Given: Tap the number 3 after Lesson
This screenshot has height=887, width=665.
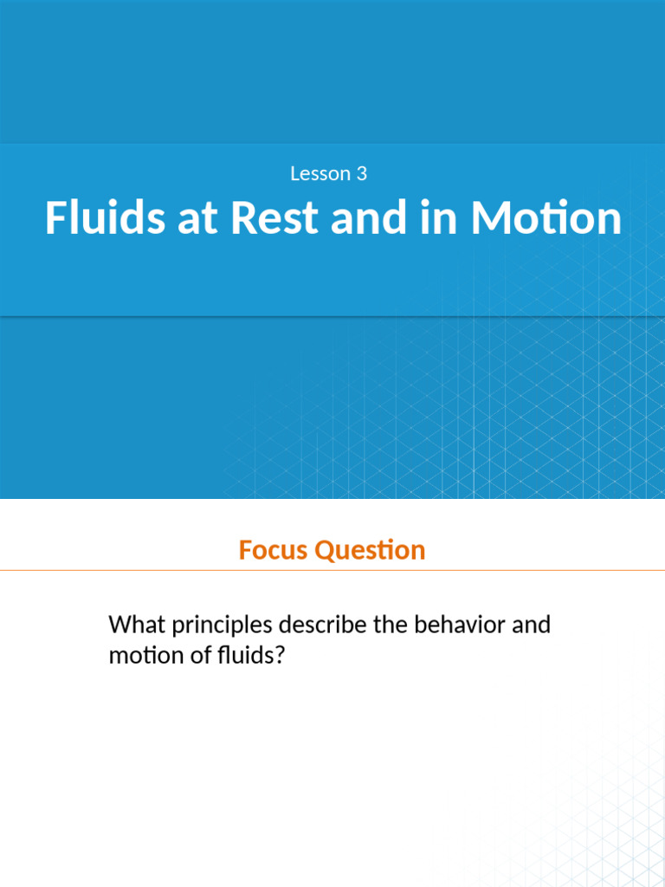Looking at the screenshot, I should coord(361,174).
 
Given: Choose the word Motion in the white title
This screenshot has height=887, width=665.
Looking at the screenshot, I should coord(546,218).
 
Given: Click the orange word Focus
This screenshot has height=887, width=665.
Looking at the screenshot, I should coord(274,550).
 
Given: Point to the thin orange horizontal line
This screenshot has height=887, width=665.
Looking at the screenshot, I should coord(332,571).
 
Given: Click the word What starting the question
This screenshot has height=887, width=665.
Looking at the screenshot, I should coord(135,625).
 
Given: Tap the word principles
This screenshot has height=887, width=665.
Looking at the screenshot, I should coord(221,625).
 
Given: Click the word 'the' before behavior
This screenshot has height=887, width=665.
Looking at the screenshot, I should coord(395,625).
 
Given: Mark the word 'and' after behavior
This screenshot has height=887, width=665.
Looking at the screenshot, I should coord(531,625).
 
